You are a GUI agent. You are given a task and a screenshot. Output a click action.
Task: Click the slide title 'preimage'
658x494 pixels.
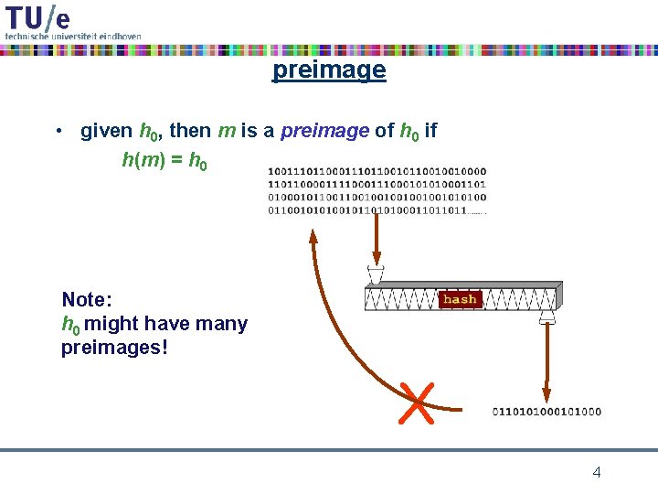click(329, 70)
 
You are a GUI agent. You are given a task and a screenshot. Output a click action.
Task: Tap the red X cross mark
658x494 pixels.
click(417, 403)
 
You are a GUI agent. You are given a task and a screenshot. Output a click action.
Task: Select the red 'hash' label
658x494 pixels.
click(460, 299)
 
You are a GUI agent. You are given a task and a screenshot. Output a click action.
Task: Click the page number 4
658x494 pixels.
click(597, 473)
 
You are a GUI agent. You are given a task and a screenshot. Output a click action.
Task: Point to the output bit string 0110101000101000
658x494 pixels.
click(547, 412)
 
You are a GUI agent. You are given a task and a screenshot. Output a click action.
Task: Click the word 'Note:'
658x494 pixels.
click(87, 299)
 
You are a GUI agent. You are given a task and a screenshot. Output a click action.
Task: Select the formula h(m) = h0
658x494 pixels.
click(164, 161)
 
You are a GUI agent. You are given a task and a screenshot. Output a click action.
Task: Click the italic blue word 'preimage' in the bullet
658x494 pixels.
click(324, 131)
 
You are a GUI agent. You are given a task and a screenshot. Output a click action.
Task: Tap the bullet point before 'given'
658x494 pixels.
click(58, 131)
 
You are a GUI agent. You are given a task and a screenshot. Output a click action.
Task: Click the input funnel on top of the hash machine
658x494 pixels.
click(376, 274)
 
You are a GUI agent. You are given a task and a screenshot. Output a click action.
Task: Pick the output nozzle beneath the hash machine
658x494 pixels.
click(547, 317)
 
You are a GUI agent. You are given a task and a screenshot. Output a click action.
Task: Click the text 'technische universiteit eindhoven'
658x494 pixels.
click(73, 36)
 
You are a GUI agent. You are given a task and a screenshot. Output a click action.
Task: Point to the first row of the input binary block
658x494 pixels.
click(377, 171)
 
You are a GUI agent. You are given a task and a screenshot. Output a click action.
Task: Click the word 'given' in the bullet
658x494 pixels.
click(106, 131)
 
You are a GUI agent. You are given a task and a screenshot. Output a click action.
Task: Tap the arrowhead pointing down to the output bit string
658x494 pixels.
click(547, 396)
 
